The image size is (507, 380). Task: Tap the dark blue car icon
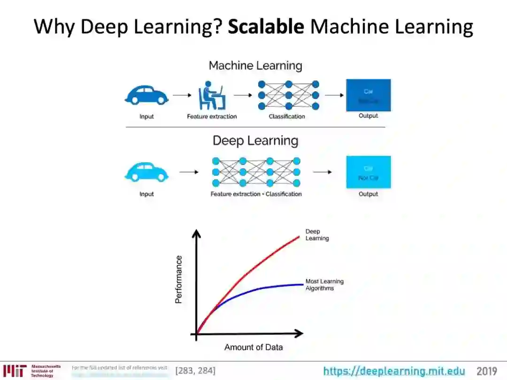146,95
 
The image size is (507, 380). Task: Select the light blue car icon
146,172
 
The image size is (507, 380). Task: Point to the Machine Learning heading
255,66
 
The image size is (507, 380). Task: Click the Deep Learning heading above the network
255,141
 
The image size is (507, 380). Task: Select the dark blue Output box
369,95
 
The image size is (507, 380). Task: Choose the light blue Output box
369,172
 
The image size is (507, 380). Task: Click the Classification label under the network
287,116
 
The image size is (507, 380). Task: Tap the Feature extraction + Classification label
256,194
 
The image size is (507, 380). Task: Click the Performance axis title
179,279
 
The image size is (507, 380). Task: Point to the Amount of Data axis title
253,347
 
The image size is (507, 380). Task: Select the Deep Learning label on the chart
317,235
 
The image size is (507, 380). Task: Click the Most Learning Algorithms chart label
324,285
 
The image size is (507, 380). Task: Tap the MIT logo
15,371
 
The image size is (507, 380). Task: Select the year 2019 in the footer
486,371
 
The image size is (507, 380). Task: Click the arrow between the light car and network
189,172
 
